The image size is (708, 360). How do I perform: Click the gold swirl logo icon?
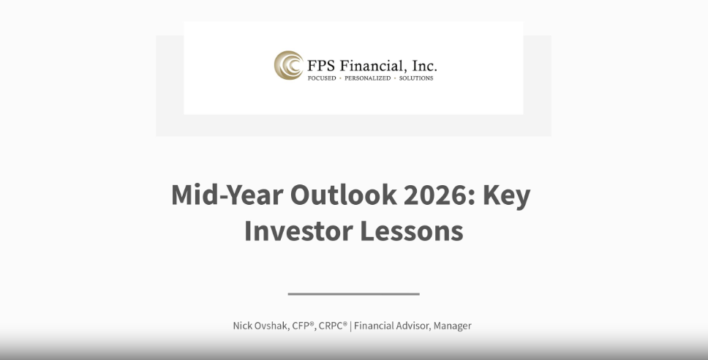coord(289,66)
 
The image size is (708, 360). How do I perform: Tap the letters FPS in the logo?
coord(321,66)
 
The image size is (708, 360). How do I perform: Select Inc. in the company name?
coord(424,66)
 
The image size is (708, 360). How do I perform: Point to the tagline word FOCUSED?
coord(322,78)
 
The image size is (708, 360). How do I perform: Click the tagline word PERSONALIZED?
coord(368,78)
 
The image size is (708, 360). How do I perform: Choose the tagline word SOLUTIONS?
coord(416,78)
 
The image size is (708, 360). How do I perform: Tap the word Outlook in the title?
coord(344,195)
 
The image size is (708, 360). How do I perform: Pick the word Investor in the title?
coord(299,230)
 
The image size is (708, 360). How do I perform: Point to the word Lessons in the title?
coord(412,230)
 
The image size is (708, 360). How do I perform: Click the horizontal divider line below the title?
coord(353,294)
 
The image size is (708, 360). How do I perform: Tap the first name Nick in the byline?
coord(243,326)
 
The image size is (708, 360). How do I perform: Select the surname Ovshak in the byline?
coord(272,326)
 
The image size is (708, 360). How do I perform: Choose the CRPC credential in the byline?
coord(333,326)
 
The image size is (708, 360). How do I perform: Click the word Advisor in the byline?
coord(413,326)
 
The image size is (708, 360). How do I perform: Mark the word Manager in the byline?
coord(453,326)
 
